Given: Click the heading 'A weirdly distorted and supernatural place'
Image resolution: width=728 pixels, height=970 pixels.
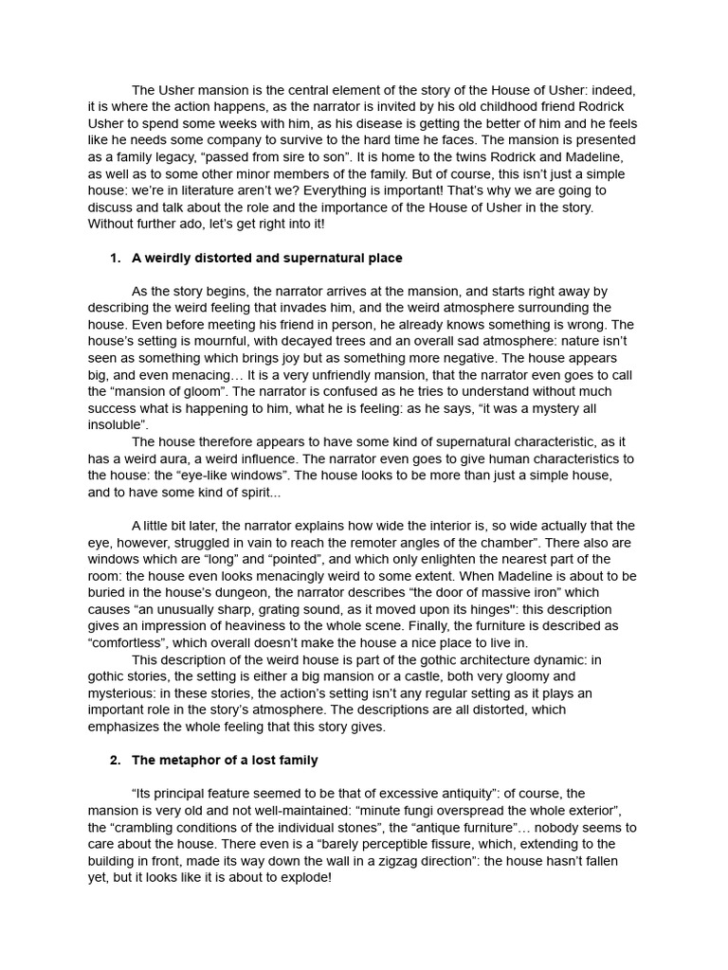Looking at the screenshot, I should [x=266, y=258].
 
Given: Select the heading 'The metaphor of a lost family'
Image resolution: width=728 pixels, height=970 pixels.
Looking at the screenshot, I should [x=225, y=760].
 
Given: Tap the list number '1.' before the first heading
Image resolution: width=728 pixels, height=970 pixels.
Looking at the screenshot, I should [x=116, y=258].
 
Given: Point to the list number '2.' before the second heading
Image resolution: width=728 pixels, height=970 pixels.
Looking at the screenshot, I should [x=116, y=760].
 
